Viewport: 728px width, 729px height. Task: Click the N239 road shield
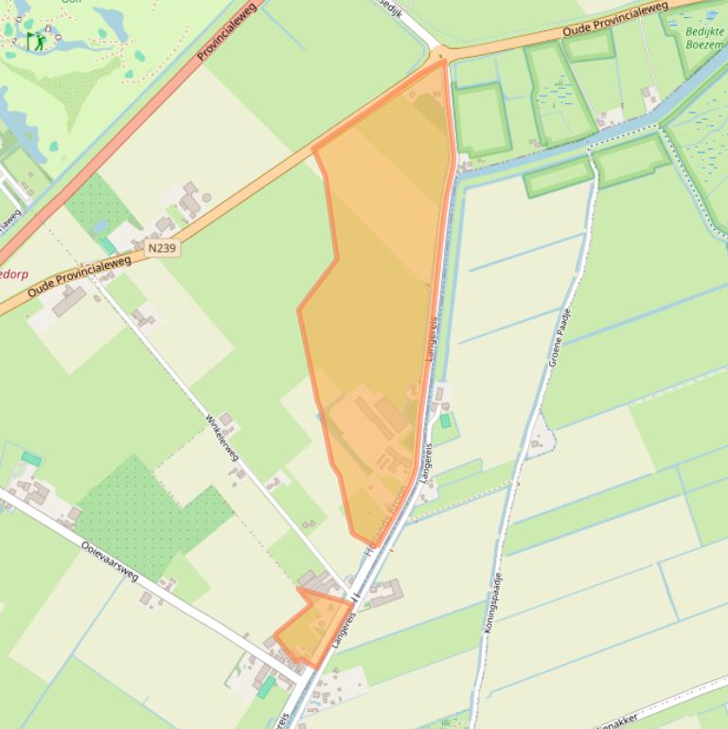click(x=161, y=247)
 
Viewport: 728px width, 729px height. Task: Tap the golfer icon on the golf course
click(x=35, y=41)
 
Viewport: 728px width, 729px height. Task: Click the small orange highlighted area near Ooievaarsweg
click(x=311, y=626)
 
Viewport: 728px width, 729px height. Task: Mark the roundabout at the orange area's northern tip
click(x=440, y=56)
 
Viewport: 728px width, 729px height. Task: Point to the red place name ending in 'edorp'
click(x=14, y=275)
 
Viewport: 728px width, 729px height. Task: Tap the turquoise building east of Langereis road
click(x=445, y=419)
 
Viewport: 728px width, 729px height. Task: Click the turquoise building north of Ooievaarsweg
click(x=31, y=459)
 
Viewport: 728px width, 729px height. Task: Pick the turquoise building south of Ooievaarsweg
click(x=267, y=686)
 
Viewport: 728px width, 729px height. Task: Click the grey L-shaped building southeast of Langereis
click(x=387, y=595)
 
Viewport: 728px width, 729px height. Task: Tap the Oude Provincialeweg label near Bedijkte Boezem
click(x=614, y=21)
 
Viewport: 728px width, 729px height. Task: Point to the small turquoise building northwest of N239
click(x=110, y=245)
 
